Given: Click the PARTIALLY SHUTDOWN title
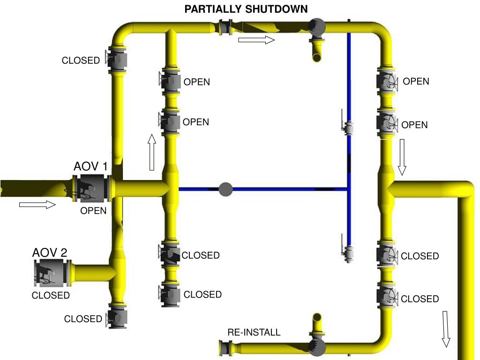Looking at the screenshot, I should point(246,9).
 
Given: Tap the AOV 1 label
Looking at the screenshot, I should point(90,166).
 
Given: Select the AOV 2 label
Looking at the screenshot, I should point(50,253).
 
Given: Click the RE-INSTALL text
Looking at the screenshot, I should point(254,332).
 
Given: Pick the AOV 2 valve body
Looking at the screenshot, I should point(52,273).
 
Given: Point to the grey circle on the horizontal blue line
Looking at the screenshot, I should point(225,189).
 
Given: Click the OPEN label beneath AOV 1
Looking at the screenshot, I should point(93,211).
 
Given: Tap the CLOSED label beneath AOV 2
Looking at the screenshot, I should point(51,295).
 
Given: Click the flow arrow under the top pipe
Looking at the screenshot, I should point(256,40).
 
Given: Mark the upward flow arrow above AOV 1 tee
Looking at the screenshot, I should point(152,152).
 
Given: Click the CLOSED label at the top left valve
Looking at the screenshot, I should point(81,60).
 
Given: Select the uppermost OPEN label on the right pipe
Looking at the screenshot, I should point(416,81).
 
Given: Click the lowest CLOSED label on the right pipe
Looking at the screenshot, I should point(420,299).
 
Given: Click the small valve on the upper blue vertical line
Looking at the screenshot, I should point(348,127).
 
